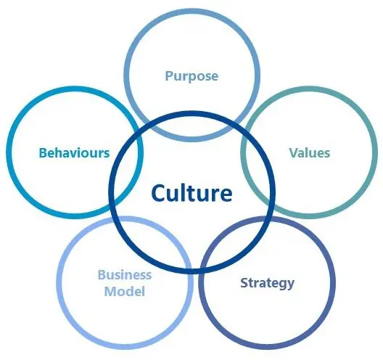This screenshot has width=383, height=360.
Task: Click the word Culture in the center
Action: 191,193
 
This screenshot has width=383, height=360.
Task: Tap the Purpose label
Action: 191,76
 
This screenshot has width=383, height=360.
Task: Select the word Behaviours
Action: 74,152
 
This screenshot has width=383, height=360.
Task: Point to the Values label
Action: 310,152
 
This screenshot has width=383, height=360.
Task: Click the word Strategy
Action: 268,284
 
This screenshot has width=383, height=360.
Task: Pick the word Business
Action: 125,275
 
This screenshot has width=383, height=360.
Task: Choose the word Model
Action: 125,291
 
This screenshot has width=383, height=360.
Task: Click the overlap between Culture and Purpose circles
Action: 192,126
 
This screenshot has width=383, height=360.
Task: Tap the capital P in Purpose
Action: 170,75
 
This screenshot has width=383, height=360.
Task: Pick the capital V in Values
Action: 294,152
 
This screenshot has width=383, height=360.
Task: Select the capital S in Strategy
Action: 244,282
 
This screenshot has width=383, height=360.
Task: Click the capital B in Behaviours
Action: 44,153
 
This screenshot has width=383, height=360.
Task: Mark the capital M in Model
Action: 110,292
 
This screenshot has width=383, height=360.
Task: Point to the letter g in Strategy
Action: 283,285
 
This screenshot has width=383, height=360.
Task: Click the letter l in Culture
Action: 182,193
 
